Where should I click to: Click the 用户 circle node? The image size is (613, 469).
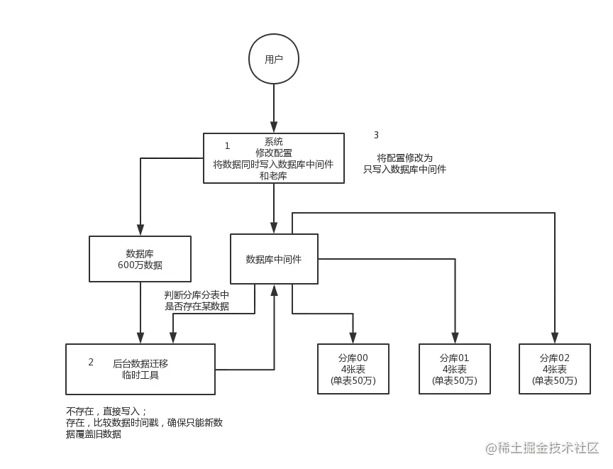(273, 60)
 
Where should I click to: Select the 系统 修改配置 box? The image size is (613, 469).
(274, 158)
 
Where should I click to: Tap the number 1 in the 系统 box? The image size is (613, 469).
(227, 145)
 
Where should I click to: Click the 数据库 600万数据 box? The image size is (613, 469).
(140, 259)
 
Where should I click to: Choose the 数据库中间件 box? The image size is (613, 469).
(274, 259)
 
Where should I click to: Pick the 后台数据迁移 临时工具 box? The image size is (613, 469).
(140, 369)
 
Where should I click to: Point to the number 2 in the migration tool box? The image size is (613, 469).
(91, 362)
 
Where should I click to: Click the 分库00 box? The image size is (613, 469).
(353, 369)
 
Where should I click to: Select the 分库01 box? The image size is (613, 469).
(454, 369)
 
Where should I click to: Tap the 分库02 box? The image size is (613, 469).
(554, 369)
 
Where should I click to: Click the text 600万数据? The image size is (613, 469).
(140, 265)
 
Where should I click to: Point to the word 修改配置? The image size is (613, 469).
(274, 153)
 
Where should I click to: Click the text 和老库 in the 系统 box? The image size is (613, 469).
(274, 176)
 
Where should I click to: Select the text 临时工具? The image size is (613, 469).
(140, 375)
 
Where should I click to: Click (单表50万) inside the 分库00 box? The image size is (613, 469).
(353, 381)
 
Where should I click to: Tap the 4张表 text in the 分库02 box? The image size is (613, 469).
(554, 370)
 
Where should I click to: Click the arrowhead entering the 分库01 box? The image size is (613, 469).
(454, 336)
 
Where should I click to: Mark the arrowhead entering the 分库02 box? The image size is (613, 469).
(555, 336)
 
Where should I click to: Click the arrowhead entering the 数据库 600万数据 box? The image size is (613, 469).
(140, 228)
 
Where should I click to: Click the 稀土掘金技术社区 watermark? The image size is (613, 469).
(543, 447)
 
